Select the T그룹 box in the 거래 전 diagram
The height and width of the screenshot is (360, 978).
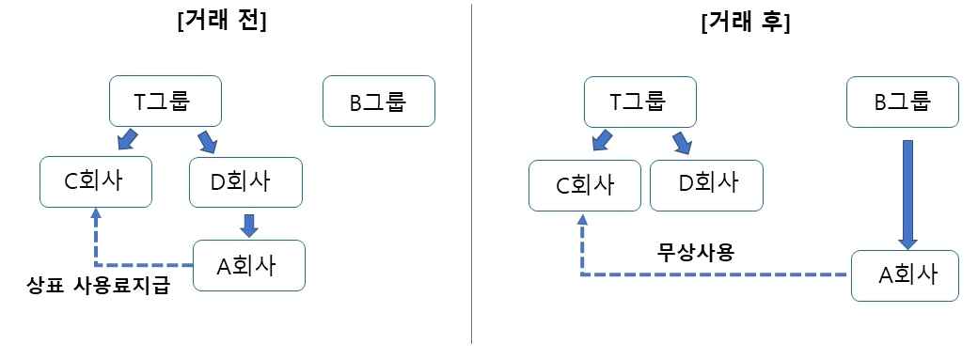(166, 102)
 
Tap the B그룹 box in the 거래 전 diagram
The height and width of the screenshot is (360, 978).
(379, 102)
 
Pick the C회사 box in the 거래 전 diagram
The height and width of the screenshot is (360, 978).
(96, 182)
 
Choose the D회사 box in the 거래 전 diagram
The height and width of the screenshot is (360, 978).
(245, 182)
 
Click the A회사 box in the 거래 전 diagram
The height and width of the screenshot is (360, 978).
(249, 265)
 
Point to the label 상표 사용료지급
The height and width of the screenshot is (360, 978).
(99, 288)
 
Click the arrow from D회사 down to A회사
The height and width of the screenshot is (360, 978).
(249, 226)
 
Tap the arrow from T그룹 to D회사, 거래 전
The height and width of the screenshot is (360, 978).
(207, 142)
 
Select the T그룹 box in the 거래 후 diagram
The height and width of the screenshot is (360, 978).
(640, 102)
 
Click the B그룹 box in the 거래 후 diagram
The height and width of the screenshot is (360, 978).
(902, 102)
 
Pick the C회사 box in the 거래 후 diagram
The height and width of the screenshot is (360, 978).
(584, 185)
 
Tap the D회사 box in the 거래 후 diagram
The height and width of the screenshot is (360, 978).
(706, 185)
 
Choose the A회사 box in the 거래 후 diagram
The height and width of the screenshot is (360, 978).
(905, 275)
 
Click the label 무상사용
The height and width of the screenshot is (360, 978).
(698, 253)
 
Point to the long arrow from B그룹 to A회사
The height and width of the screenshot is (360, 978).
(908, 196)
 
